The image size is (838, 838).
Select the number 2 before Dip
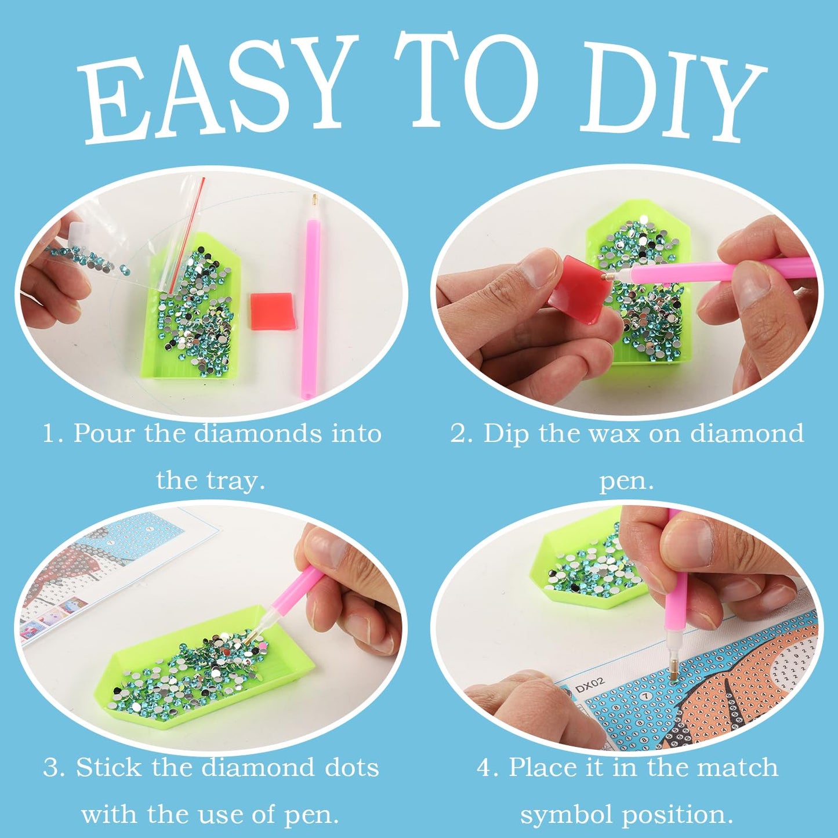pyautogui.click(x=458, y=433)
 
